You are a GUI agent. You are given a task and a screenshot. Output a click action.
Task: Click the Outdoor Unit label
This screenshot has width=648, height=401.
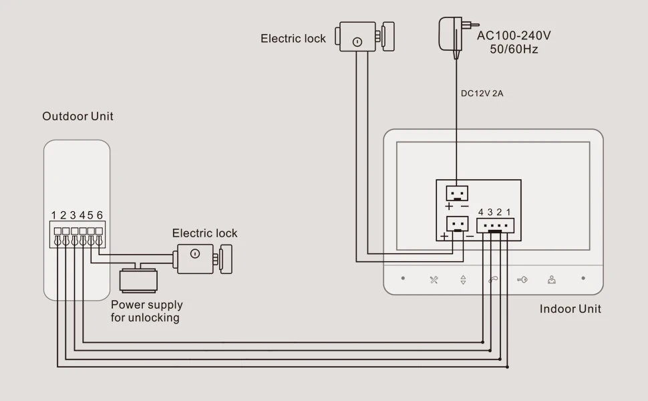coord(77,116)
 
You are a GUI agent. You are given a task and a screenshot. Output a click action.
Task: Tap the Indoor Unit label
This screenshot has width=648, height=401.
coord(570,309)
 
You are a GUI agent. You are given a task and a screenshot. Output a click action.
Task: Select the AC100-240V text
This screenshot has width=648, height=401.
coord(513,35)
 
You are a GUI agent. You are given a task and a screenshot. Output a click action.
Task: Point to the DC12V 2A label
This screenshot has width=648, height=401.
coord(482,94)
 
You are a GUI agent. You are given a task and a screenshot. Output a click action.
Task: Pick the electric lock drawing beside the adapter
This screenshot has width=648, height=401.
coord(365,37)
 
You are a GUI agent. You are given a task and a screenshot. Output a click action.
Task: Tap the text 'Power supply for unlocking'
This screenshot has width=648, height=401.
coord(146,311)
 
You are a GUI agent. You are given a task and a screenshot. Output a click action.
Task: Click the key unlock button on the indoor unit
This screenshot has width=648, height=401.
coord(522,279)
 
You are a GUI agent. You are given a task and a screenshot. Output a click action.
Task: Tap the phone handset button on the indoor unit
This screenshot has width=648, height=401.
coord(492,279)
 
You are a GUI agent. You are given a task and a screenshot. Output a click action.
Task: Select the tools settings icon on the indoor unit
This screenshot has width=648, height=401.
coord(434,279)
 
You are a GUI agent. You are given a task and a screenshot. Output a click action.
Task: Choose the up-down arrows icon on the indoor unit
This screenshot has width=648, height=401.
coord(463,279)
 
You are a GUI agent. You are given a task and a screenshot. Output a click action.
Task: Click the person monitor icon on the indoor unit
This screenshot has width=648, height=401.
coord(552,279)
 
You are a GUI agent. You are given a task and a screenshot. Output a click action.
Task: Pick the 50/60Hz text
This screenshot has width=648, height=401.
coord(514,49)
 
